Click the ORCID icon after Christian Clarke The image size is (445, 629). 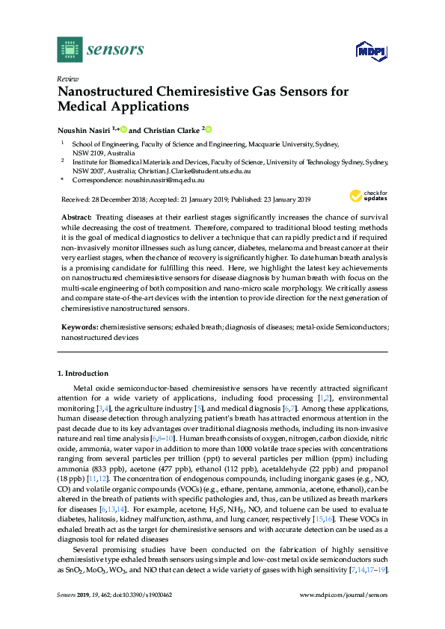pos(209,128)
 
